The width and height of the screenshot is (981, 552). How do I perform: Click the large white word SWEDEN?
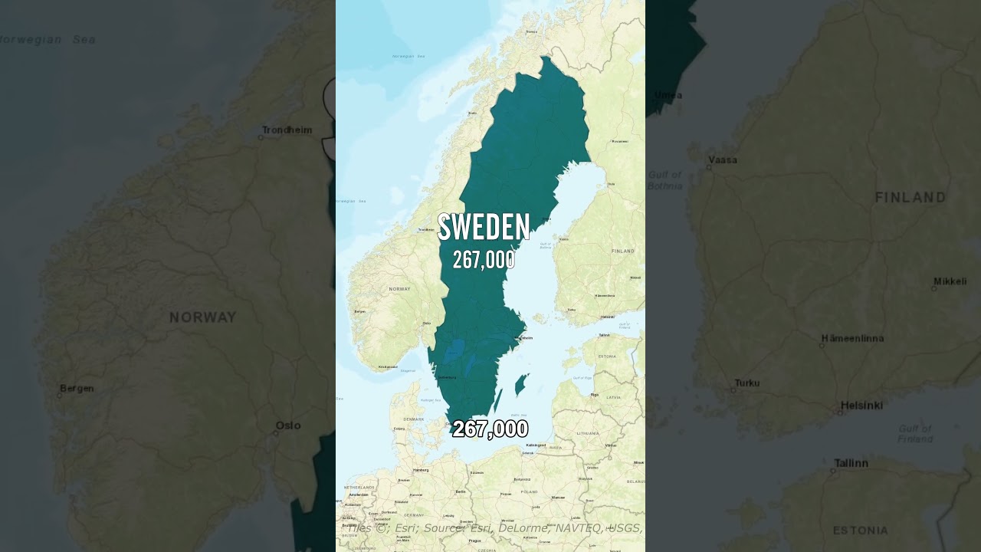(x=484, y=228)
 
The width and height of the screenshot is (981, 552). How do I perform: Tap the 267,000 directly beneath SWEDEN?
(x=484, y=261)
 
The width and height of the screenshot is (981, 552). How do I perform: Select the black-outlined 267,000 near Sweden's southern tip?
(x=490, y=429)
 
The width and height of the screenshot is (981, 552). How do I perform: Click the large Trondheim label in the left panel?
(x=287, y=130)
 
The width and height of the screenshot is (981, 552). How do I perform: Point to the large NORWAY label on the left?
(x=203, y=317)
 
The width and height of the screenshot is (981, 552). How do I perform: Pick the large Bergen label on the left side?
(x=77, y=389)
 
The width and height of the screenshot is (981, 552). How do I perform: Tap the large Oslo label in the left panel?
(x=288, y=426)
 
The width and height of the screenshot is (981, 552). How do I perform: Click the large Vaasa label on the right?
(x=723, y=160)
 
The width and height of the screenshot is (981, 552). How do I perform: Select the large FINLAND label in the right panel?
(x=910, y=198)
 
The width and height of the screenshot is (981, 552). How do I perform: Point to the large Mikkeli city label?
(x=950, y=281)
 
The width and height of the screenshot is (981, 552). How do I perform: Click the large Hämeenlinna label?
(x=852, y=338)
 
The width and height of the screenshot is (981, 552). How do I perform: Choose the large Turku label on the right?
(x=747, y=383)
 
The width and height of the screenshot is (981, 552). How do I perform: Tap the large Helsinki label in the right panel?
(x=861, y=406)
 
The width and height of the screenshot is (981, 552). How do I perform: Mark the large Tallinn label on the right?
(x=851, y=463)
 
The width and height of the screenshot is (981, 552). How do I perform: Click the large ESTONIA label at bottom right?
(x=861, y=530)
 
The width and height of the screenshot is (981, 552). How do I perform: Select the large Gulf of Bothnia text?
(x=664, y=180)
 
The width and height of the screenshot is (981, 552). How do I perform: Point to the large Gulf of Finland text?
(x=915, y=434)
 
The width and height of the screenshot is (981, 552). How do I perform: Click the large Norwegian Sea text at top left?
(x=48, y=39)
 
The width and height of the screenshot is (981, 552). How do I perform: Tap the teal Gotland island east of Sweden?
(x=521, y=383)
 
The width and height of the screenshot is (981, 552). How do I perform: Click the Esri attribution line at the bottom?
(x=494, y=527)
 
